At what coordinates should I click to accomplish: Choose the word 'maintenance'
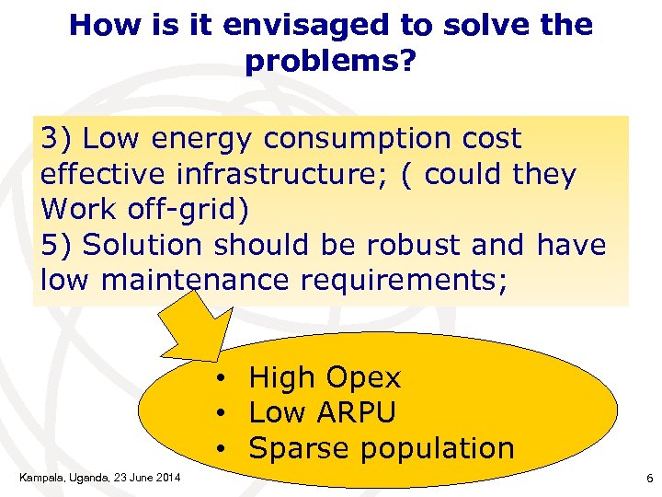click(197, 281)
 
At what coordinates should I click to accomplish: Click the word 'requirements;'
click(404, 281)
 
